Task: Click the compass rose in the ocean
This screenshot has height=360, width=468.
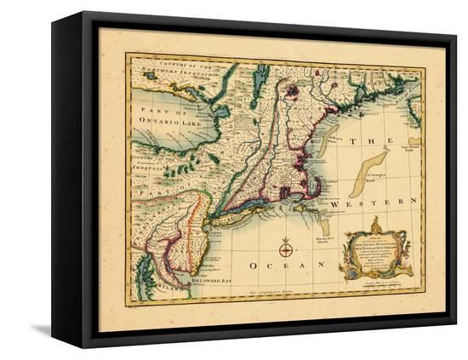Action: tap(286, 249)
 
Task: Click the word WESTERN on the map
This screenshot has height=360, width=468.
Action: tap(381, 206)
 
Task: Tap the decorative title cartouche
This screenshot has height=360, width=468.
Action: tap(374, 257)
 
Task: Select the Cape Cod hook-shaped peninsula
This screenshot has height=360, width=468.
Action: tap(317, 182)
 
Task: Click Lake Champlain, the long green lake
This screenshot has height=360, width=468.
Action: tap(260, 85)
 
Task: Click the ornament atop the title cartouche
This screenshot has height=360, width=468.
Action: tap(374, 225)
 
